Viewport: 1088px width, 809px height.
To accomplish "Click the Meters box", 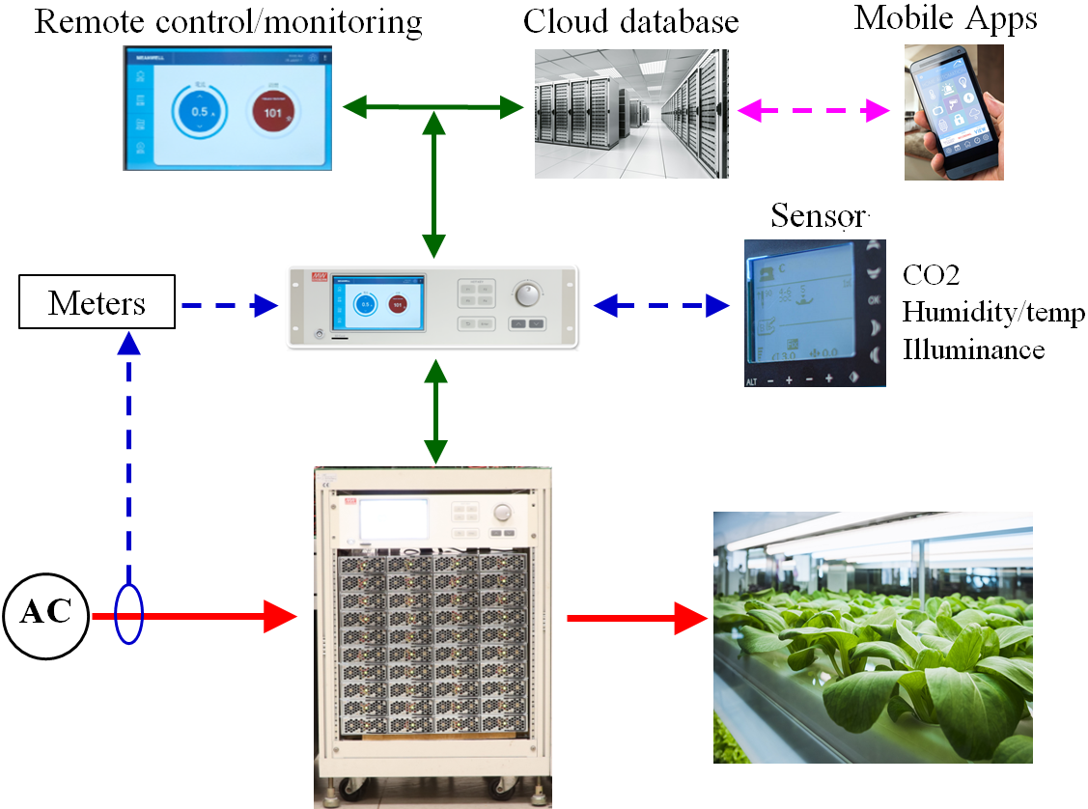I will click(98, 305).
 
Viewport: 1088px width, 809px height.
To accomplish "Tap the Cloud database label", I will click(630, 21).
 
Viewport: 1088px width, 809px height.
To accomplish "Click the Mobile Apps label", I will click(945, 18).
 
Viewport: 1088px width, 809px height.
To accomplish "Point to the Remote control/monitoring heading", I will click(228, 21).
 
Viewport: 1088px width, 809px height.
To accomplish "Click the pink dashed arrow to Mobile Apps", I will click(814, 111).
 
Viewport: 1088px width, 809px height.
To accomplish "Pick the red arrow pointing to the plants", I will click(638, 618).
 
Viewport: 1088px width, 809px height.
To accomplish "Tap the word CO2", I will click(931, 276).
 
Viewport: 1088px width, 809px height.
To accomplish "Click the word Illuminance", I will click(973, 349).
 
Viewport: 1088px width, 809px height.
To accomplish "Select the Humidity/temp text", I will click(993, 313).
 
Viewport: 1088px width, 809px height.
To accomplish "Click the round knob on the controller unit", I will click(528, 293).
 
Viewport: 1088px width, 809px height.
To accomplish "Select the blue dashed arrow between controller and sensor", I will click(661, 306).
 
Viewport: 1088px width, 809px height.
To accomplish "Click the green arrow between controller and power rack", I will click(436, 411).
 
